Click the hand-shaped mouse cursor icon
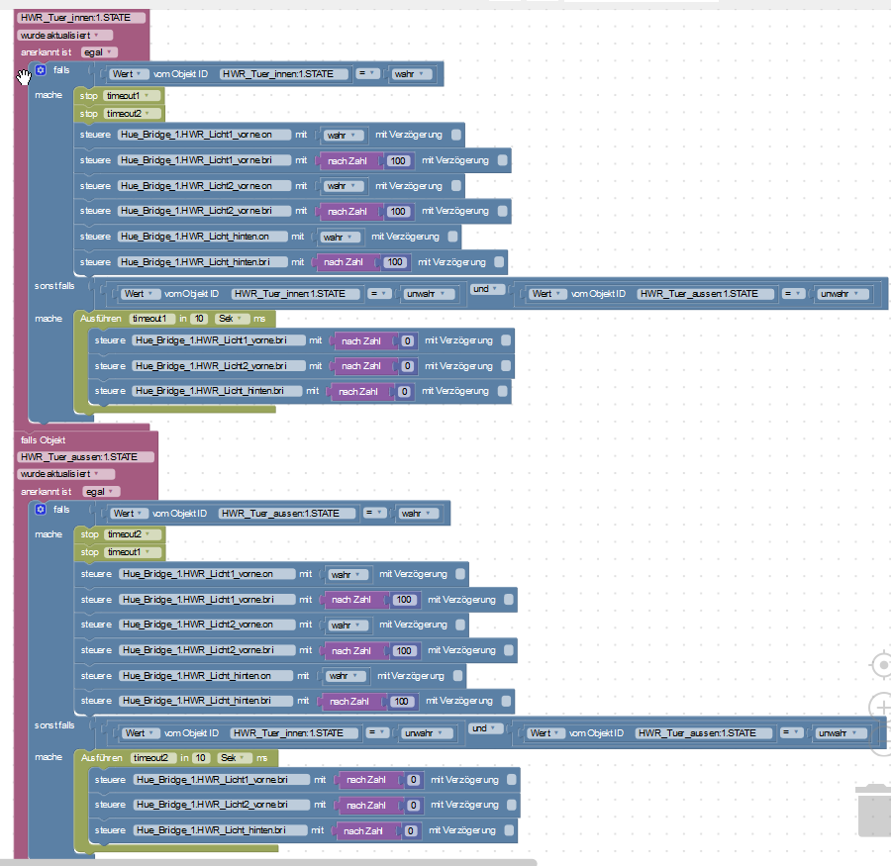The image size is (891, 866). [x=24, y=77]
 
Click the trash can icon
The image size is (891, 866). [x=875, y=811]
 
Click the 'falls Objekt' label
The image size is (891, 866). [x=44, y=439]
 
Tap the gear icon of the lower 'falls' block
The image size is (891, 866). [x=41, y=509]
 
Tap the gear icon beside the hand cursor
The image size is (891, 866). [x=41, y=70]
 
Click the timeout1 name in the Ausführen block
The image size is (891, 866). [x=150, y=319]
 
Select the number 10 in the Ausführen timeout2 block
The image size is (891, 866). [x=201, y=757]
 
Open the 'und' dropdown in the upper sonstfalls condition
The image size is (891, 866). [x=486, y=289]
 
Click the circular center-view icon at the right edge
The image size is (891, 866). [x=881, y=664]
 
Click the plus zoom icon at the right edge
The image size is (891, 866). [x=881, y=708]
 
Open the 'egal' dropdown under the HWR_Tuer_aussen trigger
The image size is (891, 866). [x=101, y=492]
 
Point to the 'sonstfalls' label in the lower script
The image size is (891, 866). [x=54, y=725]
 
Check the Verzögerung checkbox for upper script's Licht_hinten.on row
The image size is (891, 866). [x=452, y=237]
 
